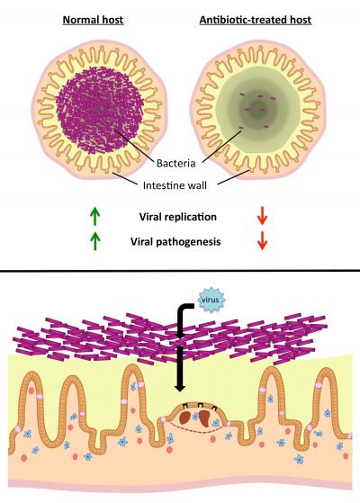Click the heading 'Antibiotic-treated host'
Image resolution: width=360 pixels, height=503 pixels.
(x=256, y=17)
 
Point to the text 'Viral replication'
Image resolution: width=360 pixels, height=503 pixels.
(x=180, y=217)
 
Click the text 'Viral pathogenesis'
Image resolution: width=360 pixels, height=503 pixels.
(x=180, y=240)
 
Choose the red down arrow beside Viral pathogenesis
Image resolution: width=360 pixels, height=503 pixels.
(x=263, y=240)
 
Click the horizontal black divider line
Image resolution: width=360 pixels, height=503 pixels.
(x=180, y=269)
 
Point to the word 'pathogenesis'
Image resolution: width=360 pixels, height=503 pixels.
(x=194, y=240)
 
